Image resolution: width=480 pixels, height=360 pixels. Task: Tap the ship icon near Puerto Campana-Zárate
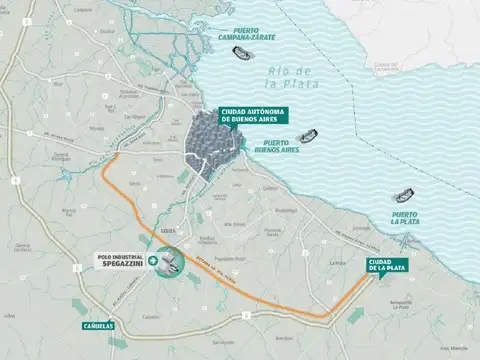point(241,54)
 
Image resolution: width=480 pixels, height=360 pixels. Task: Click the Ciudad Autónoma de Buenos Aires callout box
point(255,114)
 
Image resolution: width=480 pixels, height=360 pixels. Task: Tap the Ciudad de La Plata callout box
point(370,265)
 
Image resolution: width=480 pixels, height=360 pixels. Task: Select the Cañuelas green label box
point(100,326)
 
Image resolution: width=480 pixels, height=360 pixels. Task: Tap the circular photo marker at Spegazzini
point(169,261)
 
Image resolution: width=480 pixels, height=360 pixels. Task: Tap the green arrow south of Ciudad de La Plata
point(356,314)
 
